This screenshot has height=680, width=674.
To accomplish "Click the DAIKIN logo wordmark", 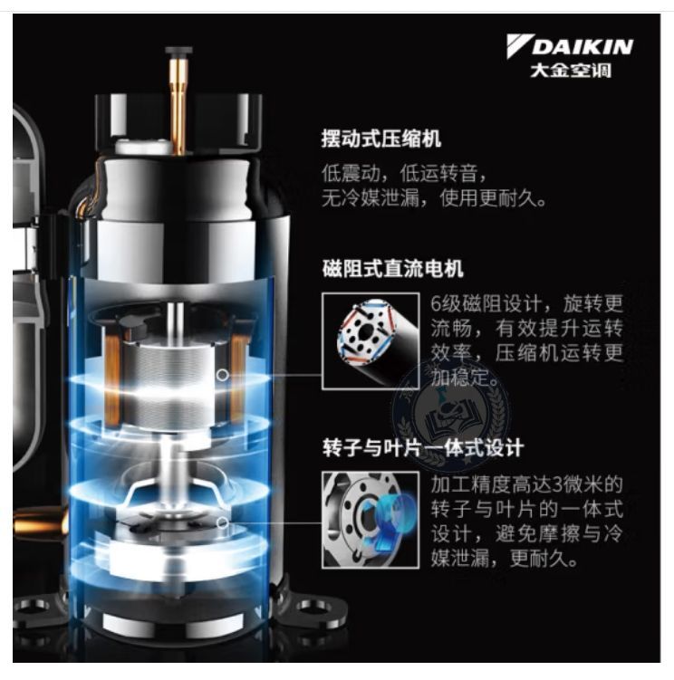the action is tap(583, 47).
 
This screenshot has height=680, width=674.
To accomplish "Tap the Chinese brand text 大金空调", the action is tap(571, 71).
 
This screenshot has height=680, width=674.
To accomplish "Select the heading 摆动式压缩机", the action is tap(381, 139).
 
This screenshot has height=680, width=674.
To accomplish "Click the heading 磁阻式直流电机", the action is tap(393, 268).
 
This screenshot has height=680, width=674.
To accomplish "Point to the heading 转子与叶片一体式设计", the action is tap(423, 448).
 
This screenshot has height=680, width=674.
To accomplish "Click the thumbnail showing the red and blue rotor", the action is tap(371, 340).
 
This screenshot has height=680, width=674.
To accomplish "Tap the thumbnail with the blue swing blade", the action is tap(371, 520).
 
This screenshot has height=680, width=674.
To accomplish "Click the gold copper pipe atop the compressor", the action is tap(178, 101).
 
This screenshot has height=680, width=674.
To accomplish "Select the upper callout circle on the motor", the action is tap(223, 375).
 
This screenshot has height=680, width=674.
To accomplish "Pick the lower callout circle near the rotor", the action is tap(223, 523).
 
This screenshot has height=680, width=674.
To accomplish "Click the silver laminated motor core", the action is tap(171, 382).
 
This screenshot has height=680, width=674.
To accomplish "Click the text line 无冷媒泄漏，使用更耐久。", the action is tap(434, 198).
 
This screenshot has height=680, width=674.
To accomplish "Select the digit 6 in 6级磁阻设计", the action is tap(436, 303).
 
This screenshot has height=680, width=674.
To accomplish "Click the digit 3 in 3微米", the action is tap(557, 484).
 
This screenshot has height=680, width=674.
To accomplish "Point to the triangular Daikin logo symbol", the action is tap(518, 46).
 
